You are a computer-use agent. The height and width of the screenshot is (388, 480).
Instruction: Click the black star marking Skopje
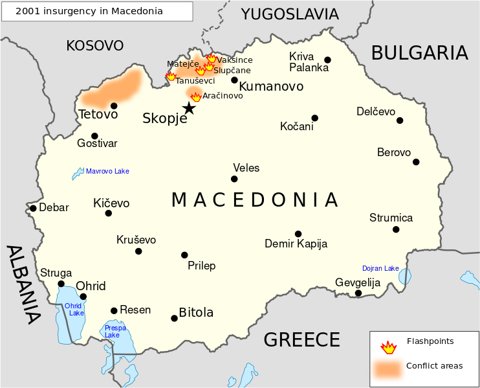pos(188,108)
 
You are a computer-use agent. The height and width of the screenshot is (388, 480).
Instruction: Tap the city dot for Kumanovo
pos(234,80)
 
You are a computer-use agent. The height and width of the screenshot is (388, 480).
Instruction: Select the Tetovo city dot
pos(114,106)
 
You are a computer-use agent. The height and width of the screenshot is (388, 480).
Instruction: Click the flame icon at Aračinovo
pos(196,97)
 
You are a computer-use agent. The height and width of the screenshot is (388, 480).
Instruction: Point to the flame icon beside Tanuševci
pos(171,76)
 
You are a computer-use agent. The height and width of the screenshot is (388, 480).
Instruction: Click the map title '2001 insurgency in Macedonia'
pos(97,11)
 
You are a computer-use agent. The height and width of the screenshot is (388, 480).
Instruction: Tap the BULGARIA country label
pos(419,52)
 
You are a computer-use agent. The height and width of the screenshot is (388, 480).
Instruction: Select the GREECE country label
pos(301,339)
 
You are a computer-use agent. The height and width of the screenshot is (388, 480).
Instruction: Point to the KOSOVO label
pos(94,45)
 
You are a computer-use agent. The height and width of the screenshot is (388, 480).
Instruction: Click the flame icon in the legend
pos(388,347)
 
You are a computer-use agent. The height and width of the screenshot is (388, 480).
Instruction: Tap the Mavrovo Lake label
pos(107,172)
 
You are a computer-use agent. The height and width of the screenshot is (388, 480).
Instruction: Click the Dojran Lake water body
pos(404,277)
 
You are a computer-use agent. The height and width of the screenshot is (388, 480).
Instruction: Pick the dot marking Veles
pos(234,179)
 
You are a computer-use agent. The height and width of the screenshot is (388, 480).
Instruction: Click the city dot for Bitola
pos(174,318)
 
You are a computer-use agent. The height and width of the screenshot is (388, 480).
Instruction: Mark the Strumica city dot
pos(396,229)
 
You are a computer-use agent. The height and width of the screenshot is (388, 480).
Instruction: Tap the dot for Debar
pos(33,208)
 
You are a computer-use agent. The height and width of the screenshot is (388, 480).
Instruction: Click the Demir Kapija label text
pos(296,244)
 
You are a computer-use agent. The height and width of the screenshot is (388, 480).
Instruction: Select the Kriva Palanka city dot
pos(327,60)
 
